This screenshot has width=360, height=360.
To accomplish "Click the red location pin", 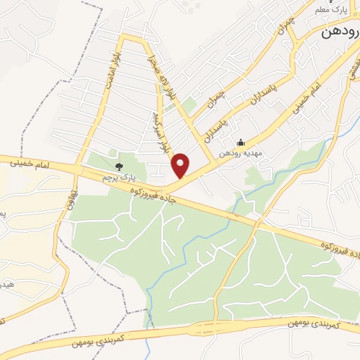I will (x=181, y=165).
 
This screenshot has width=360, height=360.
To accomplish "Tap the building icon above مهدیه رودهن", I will (x=241, y=142).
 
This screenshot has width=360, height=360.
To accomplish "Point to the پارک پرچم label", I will (x=117, y=178).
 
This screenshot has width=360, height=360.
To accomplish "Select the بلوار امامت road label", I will (x=117, y=67).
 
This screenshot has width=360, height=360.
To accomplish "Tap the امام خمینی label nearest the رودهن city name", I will (x=304, y=96).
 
